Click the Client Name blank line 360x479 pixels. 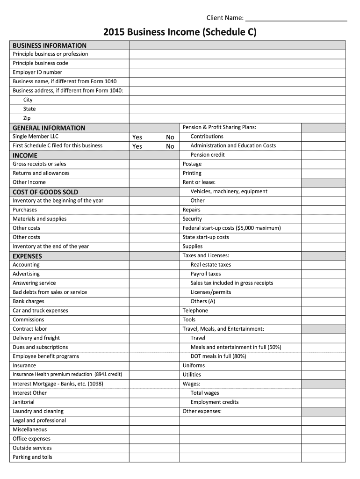(x=296, y=19)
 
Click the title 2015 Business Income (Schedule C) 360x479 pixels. (x=180, y=32)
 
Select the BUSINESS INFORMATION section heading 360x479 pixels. (x=50, y=45)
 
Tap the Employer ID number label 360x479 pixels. (x=37, y=72)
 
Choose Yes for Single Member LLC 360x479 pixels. (x=137, y=137)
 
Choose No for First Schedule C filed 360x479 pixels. (x=170, y=146)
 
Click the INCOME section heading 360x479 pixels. (x=25, y=155)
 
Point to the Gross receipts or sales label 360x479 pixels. (x=39, y=164)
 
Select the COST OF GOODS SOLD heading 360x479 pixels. (x=45, y=192)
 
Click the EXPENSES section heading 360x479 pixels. (x=27, y=256)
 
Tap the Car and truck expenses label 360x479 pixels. (x=40, y=311)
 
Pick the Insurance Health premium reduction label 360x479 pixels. (x=67, y=374)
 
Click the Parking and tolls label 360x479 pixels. (x=32, y=457)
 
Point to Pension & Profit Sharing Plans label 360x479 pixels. (x=219, y=127)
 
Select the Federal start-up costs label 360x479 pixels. (x=231, y=228)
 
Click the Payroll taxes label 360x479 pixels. (x=206, y=274)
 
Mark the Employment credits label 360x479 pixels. (x=215, y=402)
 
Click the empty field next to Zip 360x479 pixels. (x=237, y=118)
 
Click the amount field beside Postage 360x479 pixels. (x=323, y=164)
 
